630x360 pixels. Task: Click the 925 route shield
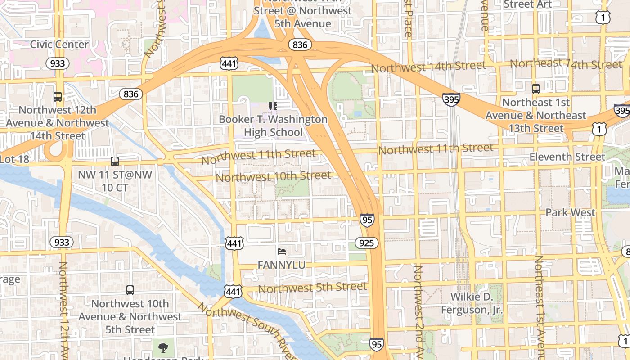367,243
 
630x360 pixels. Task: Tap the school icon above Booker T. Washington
273,106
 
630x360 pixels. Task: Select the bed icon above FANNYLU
282,252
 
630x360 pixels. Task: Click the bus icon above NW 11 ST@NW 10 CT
115,161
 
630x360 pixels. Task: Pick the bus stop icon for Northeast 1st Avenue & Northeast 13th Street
535,89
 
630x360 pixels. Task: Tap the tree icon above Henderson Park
162,347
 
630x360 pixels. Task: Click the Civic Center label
59,45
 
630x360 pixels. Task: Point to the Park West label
570,212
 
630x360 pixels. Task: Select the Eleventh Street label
567,157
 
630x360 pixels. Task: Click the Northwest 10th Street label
273,176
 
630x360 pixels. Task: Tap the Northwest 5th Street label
312,287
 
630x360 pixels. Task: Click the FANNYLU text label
281,265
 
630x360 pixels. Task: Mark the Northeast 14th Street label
565,64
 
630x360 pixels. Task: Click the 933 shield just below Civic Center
58,63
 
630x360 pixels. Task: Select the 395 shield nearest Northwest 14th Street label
451,99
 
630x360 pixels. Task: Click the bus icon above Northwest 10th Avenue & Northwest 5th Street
130,290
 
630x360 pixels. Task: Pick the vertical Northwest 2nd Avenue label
419,310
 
